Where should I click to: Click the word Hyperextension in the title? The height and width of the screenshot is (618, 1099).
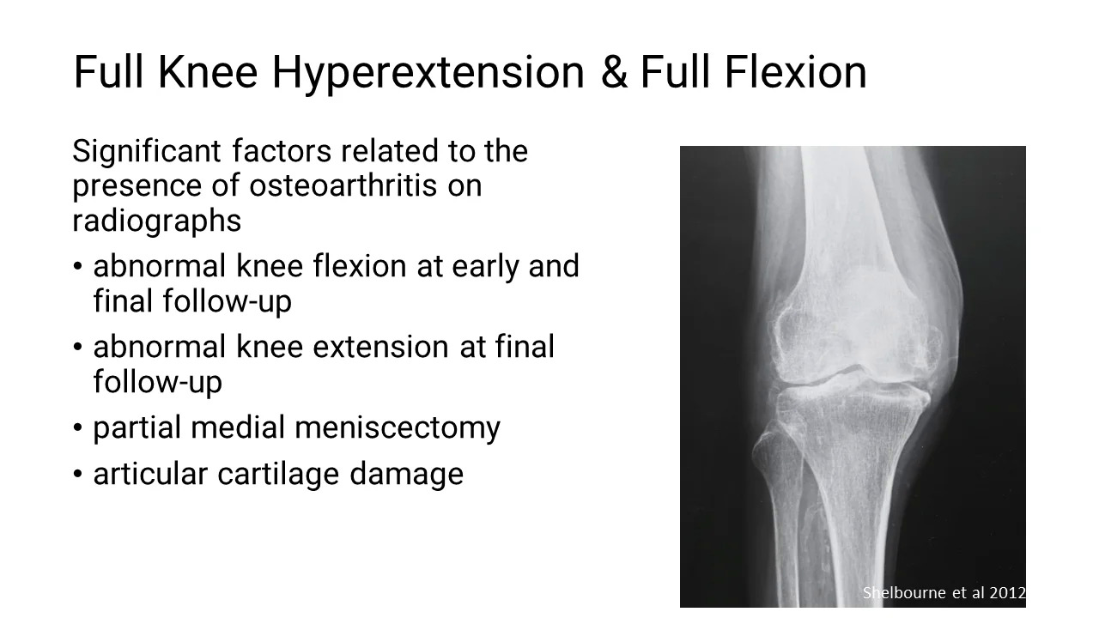click(x=428, y=73)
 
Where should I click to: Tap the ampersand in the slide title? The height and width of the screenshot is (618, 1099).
click(x=614, y=71)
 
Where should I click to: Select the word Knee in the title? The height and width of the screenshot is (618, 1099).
click(x=208, y=71)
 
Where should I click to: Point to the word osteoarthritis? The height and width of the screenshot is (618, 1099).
click(x=343, y=185)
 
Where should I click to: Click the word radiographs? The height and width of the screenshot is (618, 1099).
click(x=156, y=221)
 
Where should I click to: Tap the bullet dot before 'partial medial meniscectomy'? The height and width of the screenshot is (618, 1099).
click(x=77, y=427)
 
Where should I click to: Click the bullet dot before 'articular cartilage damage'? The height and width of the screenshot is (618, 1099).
click(x=77, y=475)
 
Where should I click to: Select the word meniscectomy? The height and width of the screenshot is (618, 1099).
click(x=398, y=427)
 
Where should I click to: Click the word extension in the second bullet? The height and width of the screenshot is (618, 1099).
click(x=380, y=346)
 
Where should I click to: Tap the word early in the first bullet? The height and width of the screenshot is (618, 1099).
click(x=485, y=266)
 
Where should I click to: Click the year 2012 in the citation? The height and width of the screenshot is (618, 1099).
click(x=1007, y=592)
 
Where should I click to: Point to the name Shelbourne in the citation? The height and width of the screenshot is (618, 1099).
click(x=904, y=592)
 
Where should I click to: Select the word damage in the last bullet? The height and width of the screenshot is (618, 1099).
click(x=406, y=474)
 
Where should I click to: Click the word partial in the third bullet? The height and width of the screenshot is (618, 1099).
click(x=137, y=427)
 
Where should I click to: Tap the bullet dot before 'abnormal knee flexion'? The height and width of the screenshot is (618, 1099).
click(x=77, y=267)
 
